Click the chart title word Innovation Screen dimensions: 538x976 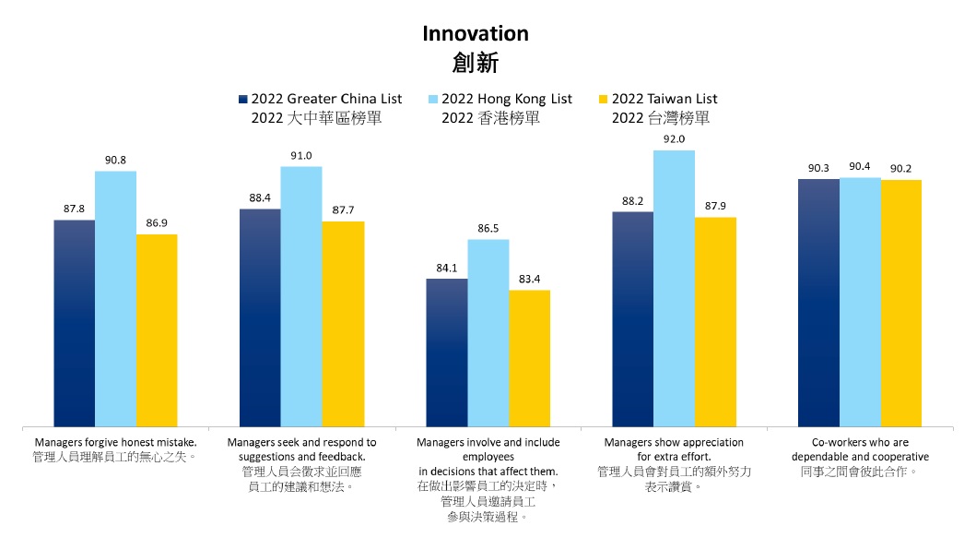[476, 34]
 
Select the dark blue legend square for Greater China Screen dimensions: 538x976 [242, 99]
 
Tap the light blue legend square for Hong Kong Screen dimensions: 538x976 [433, 99]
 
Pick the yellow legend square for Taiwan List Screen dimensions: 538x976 [604, 99]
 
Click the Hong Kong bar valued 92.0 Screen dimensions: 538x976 [674, 287]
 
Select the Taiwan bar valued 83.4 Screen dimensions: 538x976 [529, 358]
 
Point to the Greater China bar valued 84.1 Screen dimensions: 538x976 [447, 352]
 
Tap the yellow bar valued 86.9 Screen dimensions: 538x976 [157, 329]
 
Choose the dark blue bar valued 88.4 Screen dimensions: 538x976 [260, 317]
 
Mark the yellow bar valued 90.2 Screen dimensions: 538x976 [900, 302]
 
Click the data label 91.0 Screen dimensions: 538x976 [301, 156]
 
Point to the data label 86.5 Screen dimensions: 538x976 [488, 228]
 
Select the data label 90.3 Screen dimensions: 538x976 [817, 168]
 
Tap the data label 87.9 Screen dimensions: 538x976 [715, 206]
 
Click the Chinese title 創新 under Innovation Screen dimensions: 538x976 [476, 63]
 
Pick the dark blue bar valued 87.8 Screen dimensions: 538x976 [74, 322]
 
